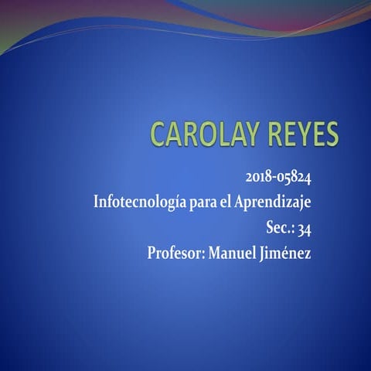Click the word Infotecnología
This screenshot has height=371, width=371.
click(x=139, y=203)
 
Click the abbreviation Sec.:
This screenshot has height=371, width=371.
click(x=279, y=227)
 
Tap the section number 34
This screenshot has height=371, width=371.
click(x=305, y=227)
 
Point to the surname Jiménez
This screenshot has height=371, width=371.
click(x=288, y=252)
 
